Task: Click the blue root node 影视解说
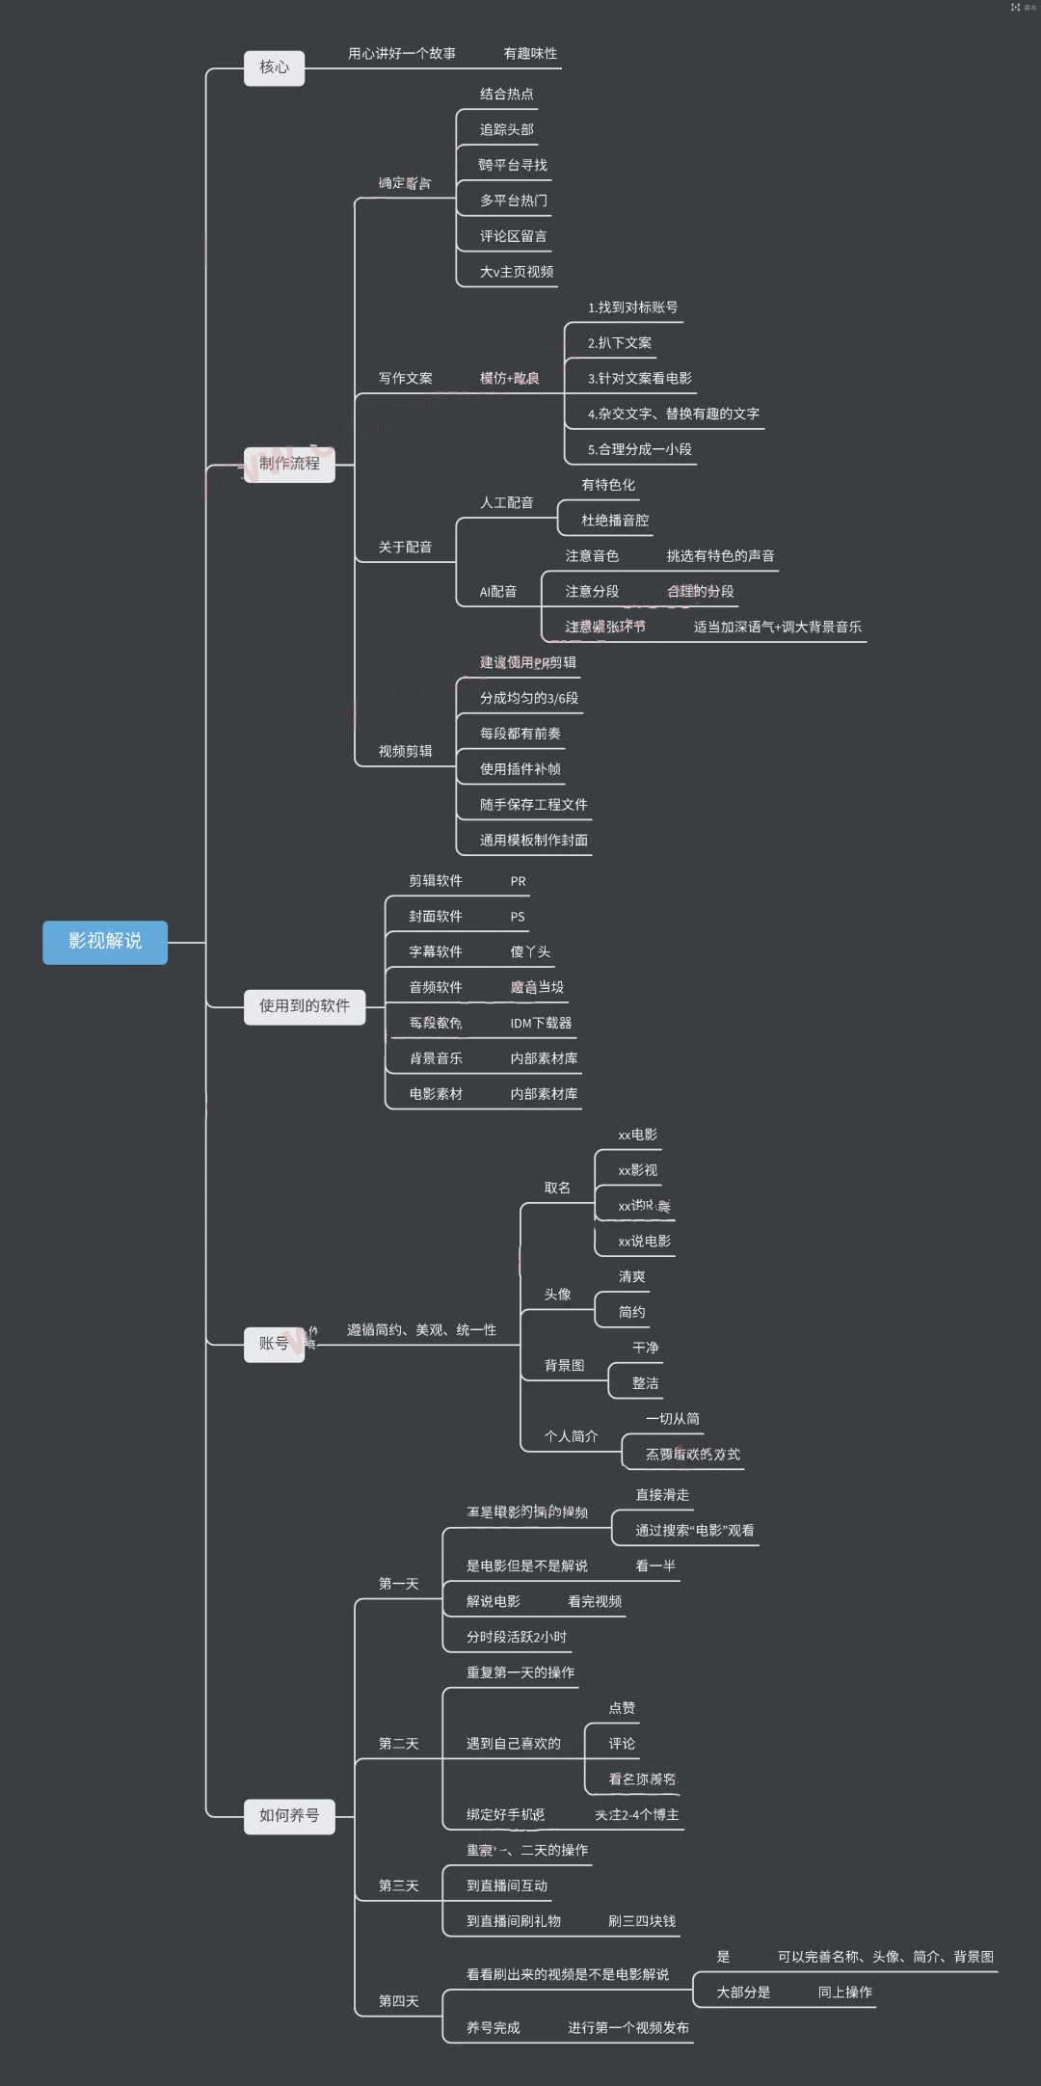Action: click(105, 942)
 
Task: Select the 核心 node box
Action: click(274, 67)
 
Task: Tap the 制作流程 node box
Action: click(289, 464)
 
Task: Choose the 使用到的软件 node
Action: click(304, 1006)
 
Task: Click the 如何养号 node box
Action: click(289, 1816)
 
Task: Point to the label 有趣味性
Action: click(530, 54)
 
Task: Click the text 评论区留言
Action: click(513, 236)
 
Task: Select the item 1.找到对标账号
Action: click(632, 308)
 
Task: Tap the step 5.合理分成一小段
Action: click(639, 449)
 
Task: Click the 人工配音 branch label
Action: click(506, 502)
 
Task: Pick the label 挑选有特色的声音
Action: click(720, 556)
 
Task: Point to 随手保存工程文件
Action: click(533, 805)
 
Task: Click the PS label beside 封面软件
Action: click(518, 917)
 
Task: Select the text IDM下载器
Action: click(541, 1023)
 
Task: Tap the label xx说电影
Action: click(644, 1242)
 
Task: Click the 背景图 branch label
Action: click(564, 1366)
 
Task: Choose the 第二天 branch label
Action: click(398, 1744)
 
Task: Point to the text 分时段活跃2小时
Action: click(517, 1637)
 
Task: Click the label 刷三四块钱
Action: click(642, 1921)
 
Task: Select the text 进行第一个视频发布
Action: click(628, 2028)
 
